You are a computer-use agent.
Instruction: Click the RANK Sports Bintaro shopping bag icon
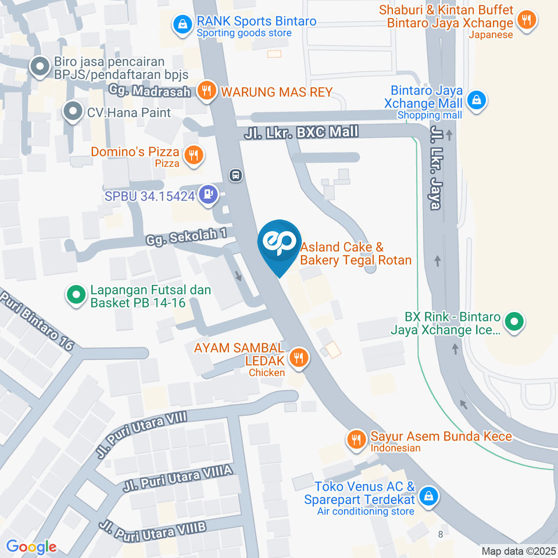(183, 24)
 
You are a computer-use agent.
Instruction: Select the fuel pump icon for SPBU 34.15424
(208, 195)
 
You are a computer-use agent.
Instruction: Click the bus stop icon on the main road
(235, 175)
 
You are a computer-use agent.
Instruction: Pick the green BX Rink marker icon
(513, 321)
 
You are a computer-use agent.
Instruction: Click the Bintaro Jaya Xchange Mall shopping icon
(477, 99)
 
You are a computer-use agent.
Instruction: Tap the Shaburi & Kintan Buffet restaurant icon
(527, 20)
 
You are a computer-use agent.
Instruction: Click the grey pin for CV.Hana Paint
(73, 110)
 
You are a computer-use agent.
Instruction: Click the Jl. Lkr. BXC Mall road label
(301, 133)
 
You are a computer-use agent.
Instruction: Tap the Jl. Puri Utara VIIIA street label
(178, 478)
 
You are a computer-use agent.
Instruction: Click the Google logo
(31, 546)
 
